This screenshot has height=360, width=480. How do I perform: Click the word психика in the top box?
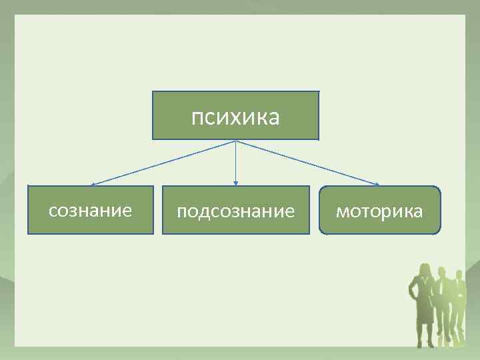[235, 117]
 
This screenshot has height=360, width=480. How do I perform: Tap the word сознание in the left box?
[90, 211]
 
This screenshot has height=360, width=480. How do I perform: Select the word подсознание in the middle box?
[235, 212]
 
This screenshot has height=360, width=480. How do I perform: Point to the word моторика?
[379, 212]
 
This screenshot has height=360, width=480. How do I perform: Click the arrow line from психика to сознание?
[163, 163]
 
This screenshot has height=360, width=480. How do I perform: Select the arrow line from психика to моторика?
[307, 162]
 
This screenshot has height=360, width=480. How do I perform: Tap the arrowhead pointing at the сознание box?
[93, 184]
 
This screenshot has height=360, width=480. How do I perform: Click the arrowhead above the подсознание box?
[235, 183]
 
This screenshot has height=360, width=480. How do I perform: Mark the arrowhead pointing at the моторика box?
[377, 183]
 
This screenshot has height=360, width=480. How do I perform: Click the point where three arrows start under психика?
[235, 141]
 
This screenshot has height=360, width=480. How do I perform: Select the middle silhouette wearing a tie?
[441, 307]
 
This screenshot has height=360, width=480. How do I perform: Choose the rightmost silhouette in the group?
[459, 307]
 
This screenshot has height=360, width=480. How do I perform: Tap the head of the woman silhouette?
[423, 269]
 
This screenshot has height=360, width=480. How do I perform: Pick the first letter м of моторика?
[341, 213]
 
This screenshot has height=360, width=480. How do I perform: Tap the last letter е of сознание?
[127, 212]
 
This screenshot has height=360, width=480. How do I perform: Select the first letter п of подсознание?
[181, 213]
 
